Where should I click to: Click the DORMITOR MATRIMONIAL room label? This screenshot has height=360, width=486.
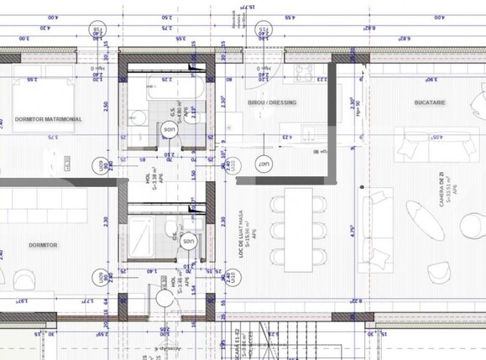[49, 120]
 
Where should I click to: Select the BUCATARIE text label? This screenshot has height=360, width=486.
[429, 102]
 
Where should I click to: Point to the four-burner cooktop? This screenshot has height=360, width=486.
[304, 71]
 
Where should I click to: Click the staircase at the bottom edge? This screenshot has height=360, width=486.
[252, 344]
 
